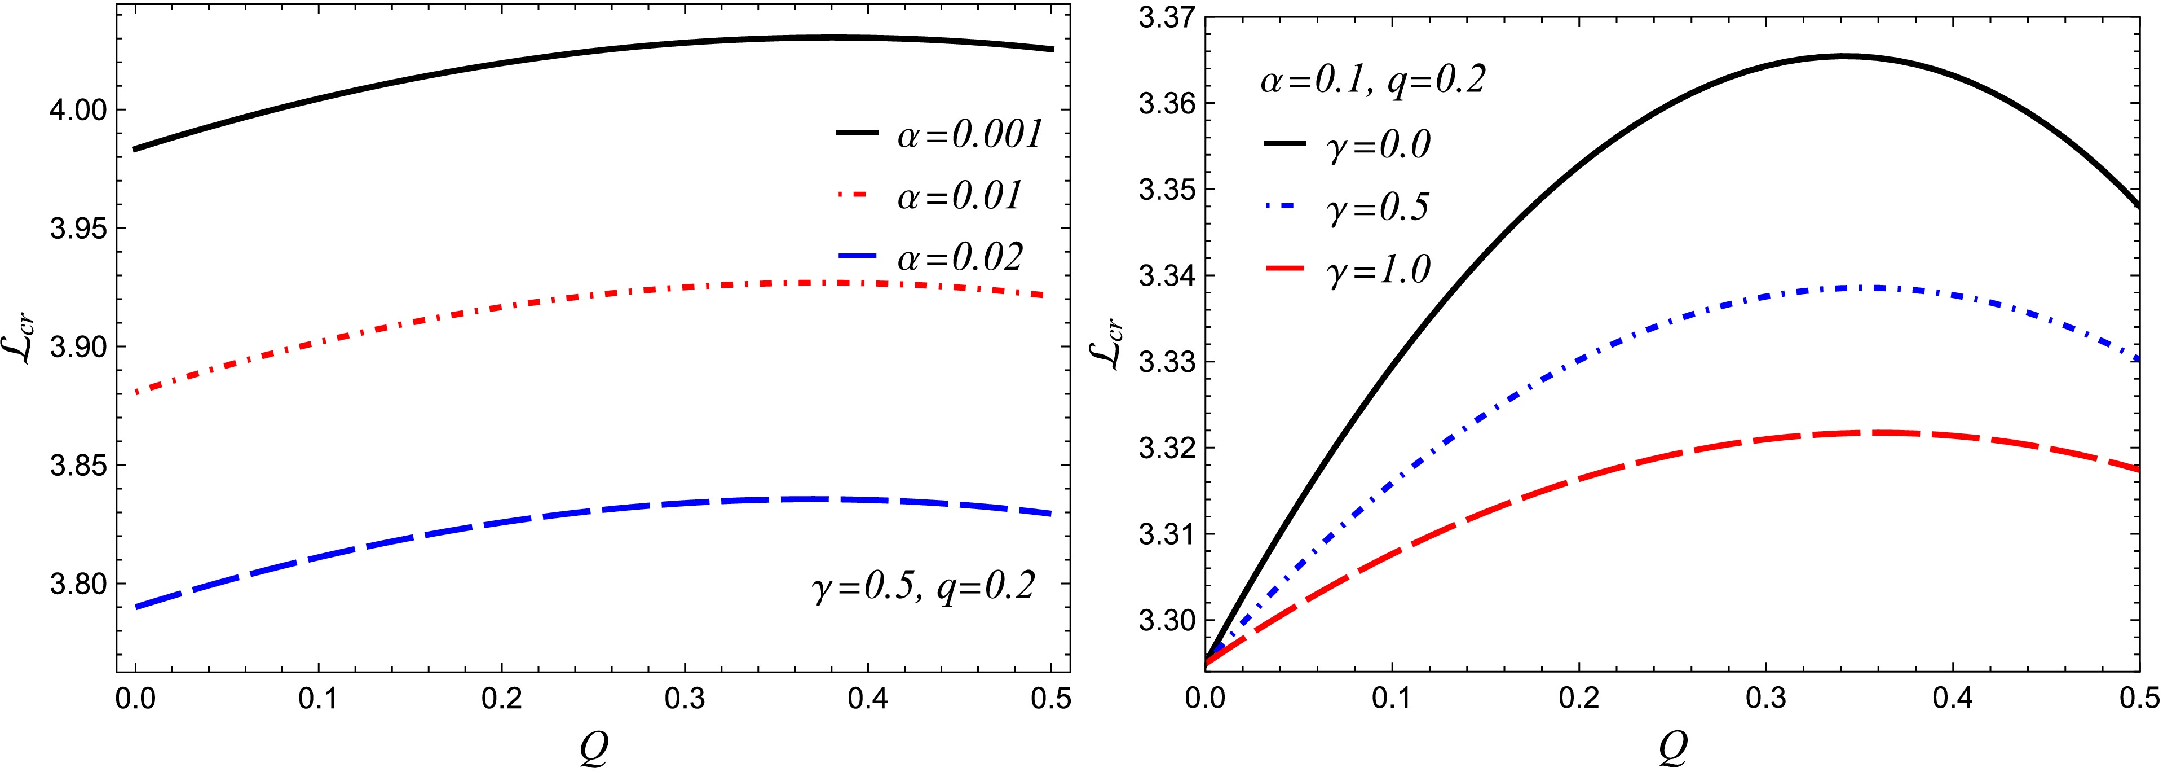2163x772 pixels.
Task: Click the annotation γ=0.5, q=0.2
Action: coord(923,586)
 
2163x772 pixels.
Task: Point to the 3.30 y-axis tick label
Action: coord(1162,622)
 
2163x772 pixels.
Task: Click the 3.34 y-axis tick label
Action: coord(1162,277)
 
